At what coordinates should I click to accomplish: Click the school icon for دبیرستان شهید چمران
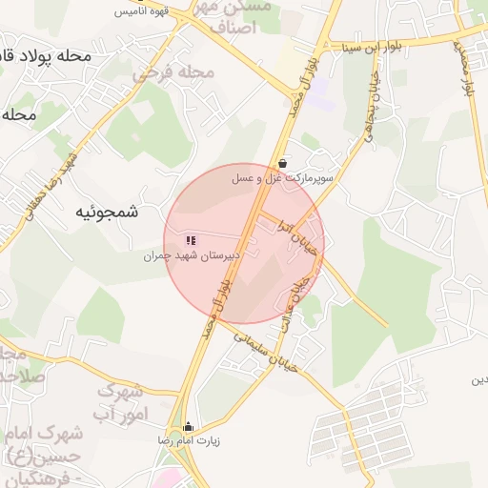coord(191,241)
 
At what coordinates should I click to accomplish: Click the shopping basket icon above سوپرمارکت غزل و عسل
coord(285,163)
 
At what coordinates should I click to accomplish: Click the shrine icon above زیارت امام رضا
coord(188,427)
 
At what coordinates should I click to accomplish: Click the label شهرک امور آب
coord(120,401)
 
